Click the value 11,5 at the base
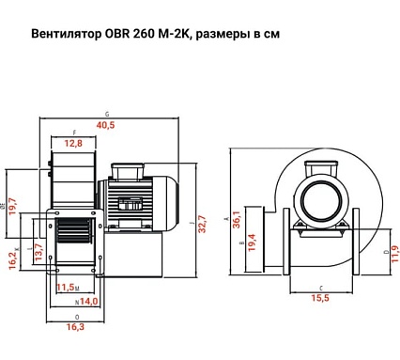click(x=66, y=287)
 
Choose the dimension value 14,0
click(x=88, y=302)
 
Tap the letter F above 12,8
click(x=74, y=133)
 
